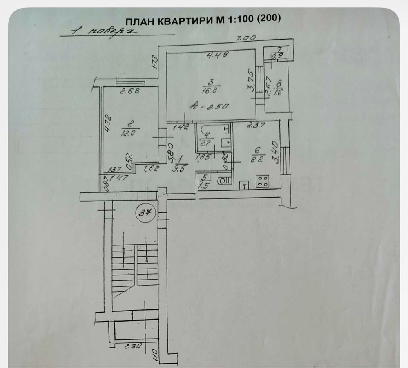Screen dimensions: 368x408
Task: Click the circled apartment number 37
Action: click(146, 212)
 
